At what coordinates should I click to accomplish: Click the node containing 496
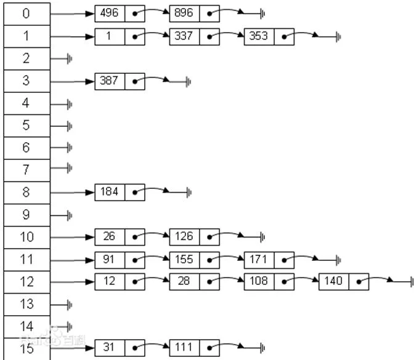point(120,14)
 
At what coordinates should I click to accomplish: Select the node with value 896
point(194,14)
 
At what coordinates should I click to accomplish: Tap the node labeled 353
point(269,37)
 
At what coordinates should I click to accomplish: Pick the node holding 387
point(120,81)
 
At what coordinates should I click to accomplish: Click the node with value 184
point(120,192)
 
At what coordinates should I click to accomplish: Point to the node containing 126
point(194,237)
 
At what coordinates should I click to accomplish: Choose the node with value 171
point(269,260)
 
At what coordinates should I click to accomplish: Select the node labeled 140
point(344,282)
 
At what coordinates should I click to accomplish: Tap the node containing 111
point(194,348)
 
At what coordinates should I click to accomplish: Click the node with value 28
point(194,282)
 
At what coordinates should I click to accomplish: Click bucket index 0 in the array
point(27,14)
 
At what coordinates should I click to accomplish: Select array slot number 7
point(27,170)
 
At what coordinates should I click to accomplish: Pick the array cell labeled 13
point(27,305)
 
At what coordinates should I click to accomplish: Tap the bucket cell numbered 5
point(27,126)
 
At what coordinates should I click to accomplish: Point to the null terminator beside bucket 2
point(70,59)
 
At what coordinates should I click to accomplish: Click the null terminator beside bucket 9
point(70,216)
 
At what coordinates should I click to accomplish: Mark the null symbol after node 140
point(412,282)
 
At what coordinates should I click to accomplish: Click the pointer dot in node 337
point(209,37)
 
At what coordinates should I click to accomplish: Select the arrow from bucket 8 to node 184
point(72,193)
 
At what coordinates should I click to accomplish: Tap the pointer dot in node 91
point(135,260)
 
